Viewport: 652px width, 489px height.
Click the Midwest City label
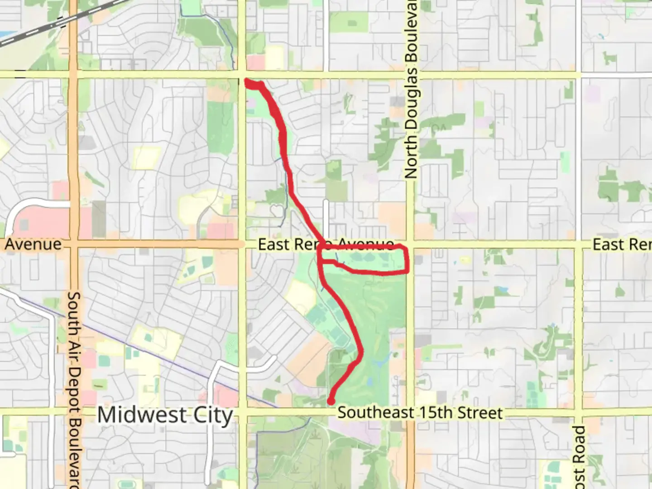165,415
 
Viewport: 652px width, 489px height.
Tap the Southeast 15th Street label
420,413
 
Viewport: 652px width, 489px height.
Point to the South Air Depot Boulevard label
74,389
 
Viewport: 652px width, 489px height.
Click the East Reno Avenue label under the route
326,244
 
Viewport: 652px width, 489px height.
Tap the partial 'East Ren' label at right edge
622,244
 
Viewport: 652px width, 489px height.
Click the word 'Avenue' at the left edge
33,244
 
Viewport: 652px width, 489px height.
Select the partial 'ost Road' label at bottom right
579,457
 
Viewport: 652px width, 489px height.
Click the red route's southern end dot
331,401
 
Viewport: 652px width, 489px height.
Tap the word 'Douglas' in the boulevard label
411,97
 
